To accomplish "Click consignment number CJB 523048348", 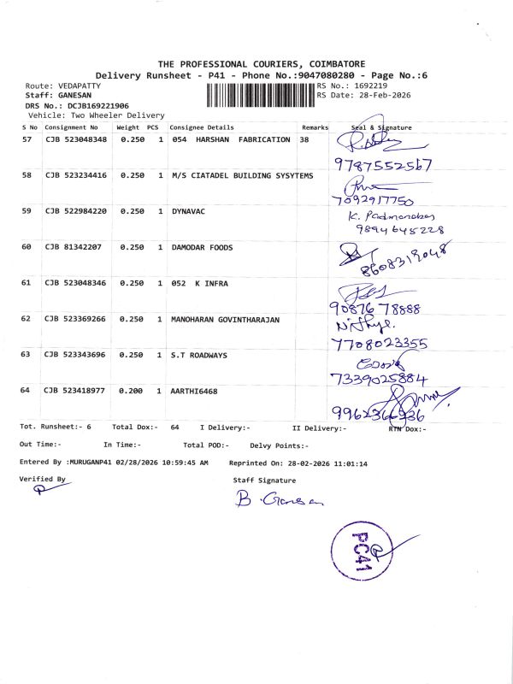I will click(x=76, y=139).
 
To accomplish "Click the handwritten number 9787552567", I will click(x=382, y=164).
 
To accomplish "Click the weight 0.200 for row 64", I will click(x=131, y=390).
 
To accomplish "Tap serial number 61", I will click(x=26, y=282).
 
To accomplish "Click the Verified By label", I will click(x=42, y=480).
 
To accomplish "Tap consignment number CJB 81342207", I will click(x=74, y=247).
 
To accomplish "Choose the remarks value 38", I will click(x=304, y=139).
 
